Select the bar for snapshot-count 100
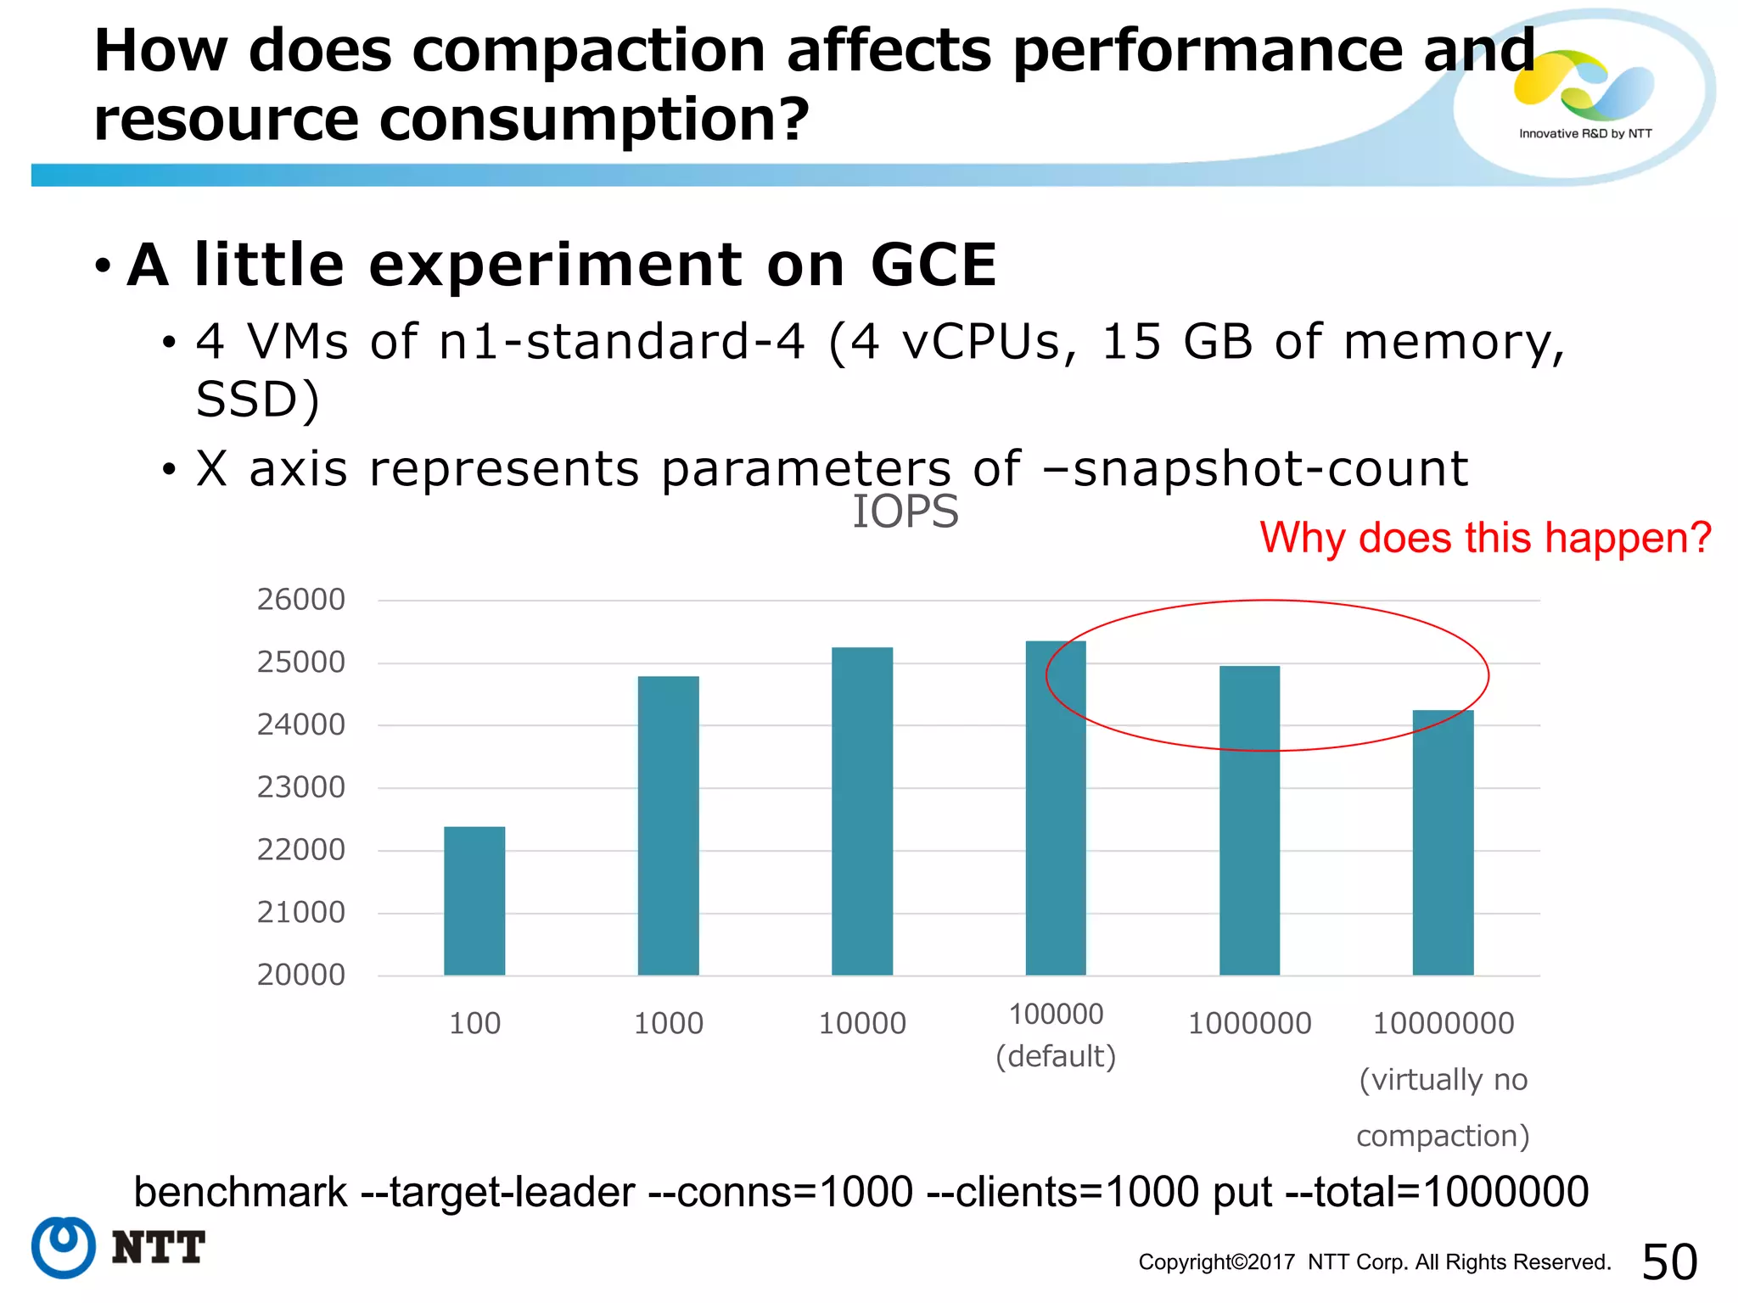pos(474,901)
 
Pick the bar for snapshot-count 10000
pos(862,811)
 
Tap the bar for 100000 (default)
pos(1056,808)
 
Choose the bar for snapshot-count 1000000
pos(1249,820)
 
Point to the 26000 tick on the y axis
pos(301,600)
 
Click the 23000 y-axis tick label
pos(301,787)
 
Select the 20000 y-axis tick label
pos(301,975)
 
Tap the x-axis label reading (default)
pos(1056,1057)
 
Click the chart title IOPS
pos(905,512)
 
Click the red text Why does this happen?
pos(1485,538)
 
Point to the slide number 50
pos(1669,1261)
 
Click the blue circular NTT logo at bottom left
pos(64,1247)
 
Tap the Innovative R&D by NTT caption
pos(1585,134)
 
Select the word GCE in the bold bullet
pos(933,266)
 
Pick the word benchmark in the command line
pos(240,1192)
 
